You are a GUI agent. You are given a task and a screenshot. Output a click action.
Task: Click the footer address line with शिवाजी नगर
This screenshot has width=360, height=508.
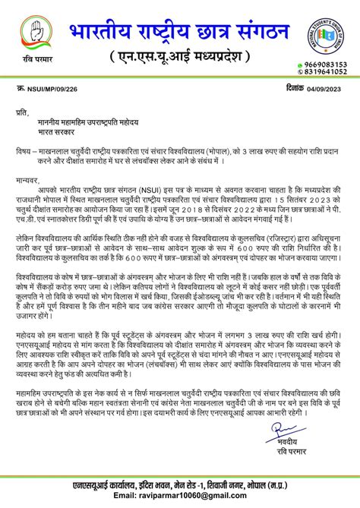(180, 484)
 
